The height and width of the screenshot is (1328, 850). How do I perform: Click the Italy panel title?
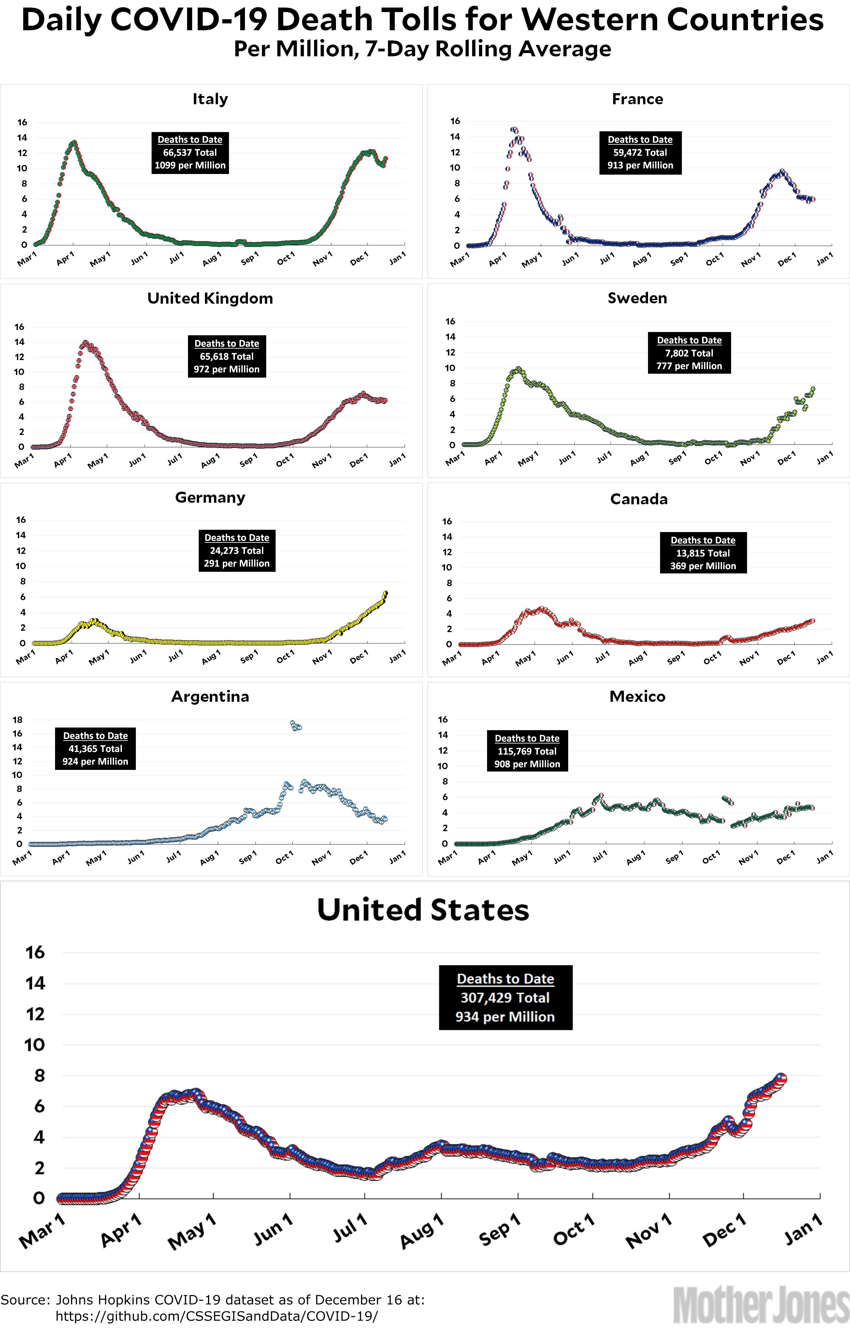coord(210,99)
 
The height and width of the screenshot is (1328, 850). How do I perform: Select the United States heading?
coord(423,910)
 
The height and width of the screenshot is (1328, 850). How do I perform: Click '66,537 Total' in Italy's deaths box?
coord(190,153)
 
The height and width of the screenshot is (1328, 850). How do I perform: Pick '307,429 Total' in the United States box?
coord(505,998)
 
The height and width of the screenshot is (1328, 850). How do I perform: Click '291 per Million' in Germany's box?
coord(237,564)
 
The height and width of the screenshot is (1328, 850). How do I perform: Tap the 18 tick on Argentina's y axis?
coord(18,720)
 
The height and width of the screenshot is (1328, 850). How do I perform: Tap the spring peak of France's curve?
coord(514,130)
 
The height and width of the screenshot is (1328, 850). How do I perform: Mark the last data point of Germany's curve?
coord(385,593)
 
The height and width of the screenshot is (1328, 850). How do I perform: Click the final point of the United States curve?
coord(781,1078)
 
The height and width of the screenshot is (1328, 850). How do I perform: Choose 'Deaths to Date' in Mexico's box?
coord(527,739)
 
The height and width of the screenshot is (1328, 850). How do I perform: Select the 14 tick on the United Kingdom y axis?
coord(19,342)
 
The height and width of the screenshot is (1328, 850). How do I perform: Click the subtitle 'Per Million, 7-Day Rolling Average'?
coord(422,49)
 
